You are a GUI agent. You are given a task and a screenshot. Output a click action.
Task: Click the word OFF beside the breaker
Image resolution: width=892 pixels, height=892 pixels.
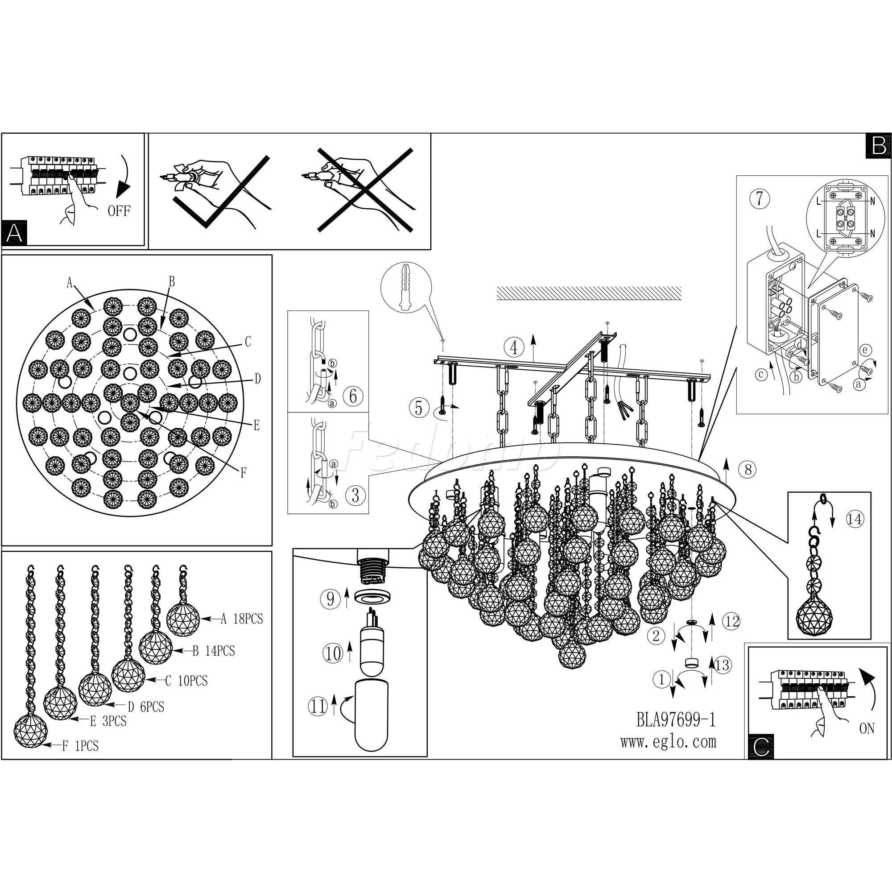[x=119, y=211]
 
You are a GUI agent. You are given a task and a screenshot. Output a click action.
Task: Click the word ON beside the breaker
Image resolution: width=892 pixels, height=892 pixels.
[x=867, y=729]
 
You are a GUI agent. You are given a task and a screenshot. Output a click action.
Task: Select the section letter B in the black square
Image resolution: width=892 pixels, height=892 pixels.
[x=879, y=146]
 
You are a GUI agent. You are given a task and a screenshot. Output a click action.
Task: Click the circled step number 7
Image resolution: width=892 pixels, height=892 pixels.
[x=760, y=199]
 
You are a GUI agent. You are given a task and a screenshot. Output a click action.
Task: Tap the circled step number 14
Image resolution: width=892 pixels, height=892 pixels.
[x=854, y=520]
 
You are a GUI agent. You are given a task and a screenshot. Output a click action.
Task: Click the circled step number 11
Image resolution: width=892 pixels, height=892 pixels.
[x=318, y=707]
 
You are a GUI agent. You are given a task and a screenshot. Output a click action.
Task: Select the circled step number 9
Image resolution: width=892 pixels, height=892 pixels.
[x=330, y=600]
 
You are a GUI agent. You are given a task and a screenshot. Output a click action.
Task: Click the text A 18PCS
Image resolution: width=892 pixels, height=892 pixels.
[x=241, y=619]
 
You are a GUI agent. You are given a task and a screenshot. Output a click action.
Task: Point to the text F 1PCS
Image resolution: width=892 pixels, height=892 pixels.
[x=80, y=746]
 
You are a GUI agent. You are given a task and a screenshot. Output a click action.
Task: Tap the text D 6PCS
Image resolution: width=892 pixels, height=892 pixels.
[x=145, y=706]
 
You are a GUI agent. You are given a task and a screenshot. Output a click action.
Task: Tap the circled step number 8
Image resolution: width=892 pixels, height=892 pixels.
[x=748, y=470]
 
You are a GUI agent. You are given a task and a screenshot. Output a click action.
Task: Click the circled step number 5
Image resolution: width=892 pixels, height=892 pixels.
[x=419, y=409]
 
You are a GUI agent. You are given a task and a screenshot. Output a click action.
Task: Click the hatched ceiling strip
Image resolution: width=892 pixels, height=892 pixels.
[x=589, y=293]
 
